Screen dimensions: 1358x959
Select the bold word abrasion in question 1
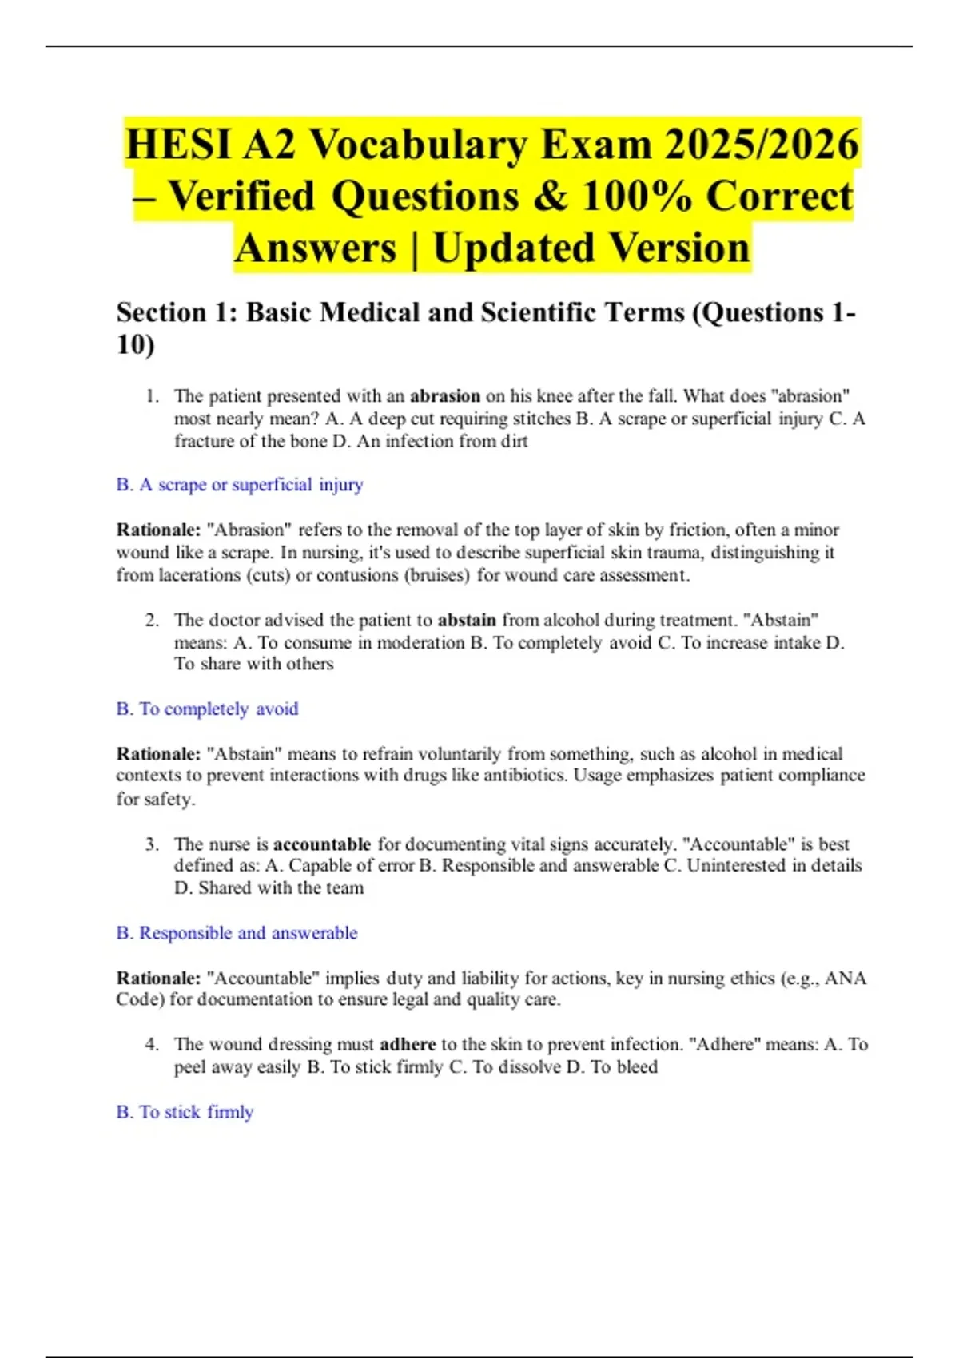click(445, 396)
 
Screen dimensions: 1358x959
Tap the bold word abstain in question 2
click(467, 621)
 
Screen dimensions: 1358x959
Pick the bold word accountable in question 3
click(322, 844)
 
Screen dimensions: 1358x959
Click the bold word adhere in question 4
click(408, 1045)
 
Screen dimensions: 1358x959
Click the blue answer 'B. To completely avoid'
click(207, 709)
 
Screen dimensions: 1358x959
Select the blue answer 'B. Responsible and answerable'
click(237, 933)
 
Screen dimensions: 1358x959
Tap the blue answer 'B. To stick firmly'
click(185, 1112)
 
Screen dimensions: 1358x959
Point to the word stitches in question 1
click(541, 419)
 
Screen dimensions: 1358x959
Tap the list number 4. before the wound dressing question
click(152, 1045)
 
